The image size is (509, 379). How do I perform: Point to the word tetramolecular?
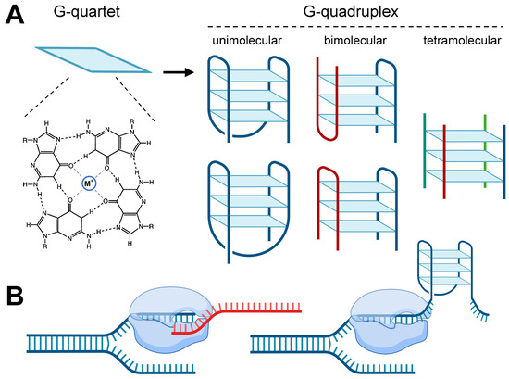(451, 43)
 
